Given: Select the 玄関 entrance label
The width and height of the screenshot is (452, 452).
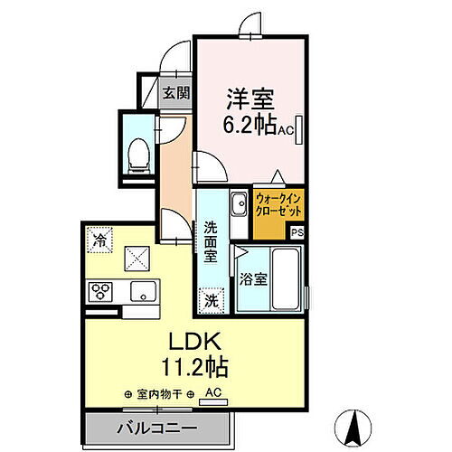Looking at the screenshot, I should (x=176, y=92).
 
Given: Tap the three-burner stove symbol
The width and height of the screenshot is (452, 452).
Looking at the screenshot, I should (x=99, y=291).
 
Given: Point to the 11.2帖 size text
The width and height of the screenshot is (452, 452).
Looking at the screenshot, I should (x=193, y=368).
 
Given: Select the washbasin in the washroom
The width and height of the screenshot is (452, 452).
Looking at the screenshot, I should (x=239, y=205).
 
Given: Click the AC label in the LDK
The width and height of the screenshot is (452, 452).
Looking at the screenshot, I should (x=213, y=392).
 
